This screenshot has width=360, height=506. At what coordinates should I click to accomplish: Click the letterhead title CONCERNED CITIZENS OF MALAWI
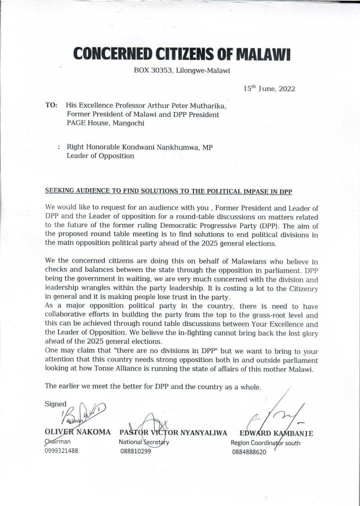click(x=181, y=53)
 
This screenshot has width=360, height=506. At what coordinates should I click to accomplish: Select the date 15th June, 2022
click(x=269, y=89)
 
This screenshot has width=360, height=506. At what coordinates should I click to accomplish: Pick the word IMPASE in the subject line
click(x=264, y=190)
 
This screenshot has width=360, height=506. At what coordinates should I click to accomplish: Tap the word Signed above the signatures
click(x=55, y=403)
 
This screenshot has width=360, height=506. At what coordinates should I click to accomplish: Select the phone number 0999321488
click(x=61, y=450)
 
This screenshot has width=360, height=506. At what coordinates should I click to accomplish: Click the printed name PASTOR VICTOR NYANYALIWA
click(x=173, y=432)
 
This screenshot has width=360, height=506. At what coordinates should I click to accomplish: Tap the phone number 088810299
click(x=135, y=451)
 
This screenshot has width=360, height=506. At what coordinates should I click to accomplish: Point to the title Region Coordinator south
click(x=265, y=443)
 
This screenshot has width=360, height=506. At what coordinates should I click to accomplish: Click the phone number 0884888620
click(x=249, y=452)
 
